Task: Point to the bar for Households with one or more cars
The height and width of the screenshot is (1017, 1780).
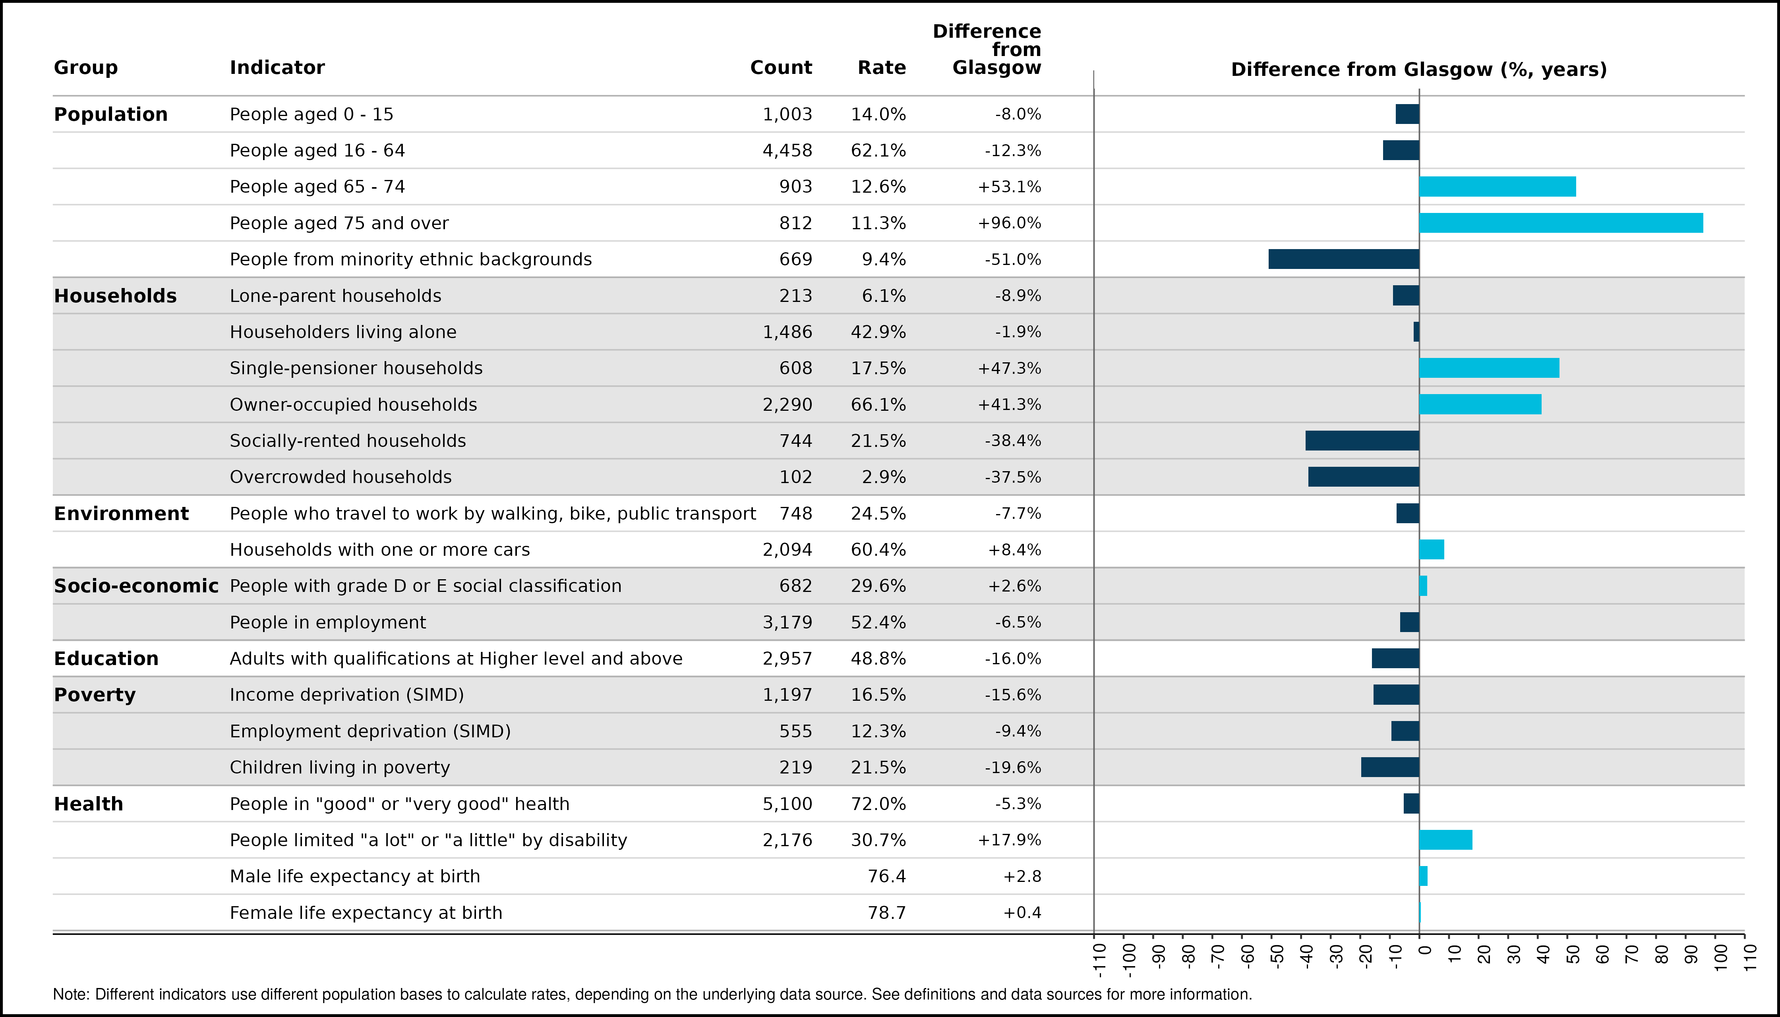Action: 1432,550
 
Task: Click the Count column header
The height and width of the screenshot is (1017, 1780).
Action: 781,68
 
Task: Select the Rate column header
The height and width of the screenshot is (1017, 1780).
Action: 882,68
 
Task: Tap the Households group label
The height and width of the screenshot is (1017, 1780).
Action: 115,296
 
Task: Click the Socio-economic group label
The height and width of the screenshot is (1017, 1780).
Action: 136,586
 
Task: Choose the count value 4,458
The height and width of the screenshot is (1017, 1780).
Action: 787,151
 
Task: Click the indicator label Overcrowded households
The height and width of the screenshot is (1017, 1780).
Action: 341,477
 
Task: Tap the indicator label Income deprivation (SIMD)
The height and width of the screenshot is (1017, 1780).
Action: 347,695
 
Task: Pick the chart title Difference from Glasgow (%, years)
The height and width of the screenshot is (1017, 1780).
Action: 1419,70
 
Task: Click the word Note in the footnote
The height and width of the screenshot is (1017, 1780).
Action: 71,994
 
